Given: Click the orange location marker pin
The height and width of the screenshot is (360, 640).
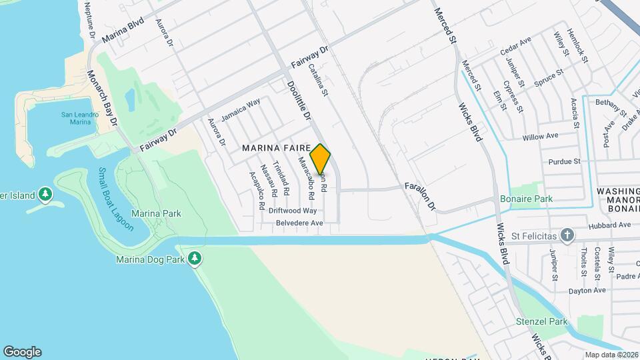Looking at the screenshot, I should [x=321, y=159].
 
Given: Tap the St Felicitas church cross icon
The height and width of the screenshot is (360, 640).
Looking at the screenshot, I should [x=567, y=235].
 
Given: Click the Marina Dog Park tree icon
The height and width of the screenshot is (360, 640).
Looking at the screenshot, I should [x=194, y=258].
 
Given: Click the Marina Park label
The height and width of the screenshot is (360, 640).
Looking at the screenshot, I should [x=156, y=213].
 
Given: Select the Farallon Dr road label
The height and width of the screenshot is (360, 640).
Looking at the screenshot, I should [x=420, y=196].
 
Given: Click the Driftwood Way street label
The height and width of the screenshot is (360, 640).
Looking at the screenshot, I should [x=293, y=210].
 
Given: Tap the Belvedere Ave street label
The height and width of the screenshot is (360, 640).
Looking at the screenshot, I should [x=295, y=223].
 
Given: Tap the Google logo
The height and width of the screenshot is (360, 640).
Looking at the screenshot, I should [x=22, y=352].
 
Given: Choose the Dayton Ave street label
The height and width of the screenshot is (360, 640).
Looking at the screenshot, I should [x=587, y=291].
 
